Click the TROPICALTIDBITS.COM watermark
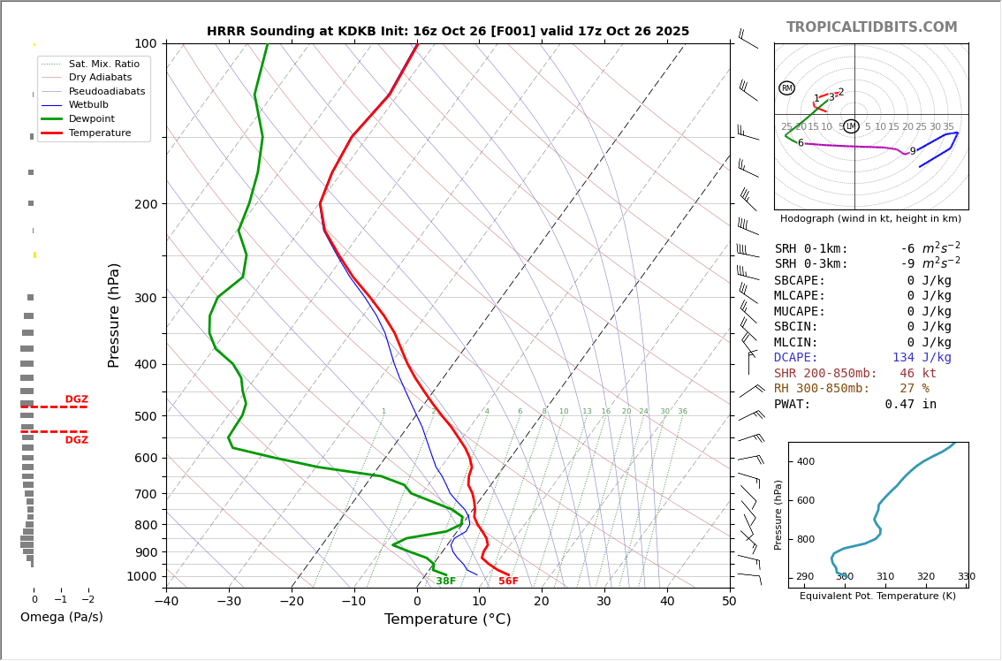point(871,27)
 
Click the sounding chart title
point(448,31)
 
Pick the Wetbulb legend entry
point(95,105)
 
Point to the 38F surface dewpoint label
point(445,581)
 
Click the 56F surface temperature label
point(508,581)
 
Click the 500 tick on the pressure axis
point(146,416)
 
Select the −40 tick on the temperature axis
point(166,603)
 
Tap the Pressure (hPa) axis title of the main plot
point(114,315)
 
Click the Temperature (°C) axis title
point(447,619)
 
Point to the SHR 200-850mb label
point(825,374)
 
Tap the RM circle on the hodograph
point(786,88)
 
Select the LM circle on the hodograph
point(851,126)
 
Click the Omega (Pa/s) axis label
point(61,618)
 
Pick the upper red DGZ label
point(76,399)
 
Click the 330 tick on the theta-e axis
point(966,577)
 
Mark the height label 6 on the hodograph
point(801,143)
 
